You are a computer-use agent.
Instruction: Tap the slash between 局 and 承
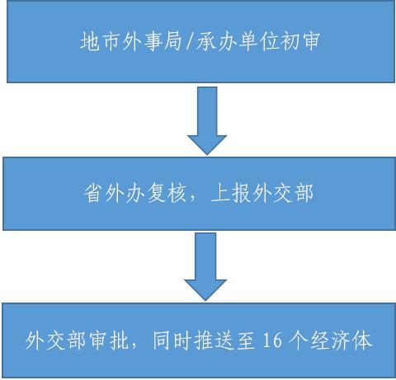coord(190,42)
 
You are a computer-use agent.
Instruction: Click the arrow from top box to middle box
coord(207,120)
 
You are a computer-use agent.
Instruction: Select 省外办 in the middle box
coord(114,193)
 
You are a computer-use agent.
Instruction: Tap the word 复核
coord(167,193)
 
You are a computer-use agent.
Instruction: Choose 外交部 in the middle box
coord(283,193)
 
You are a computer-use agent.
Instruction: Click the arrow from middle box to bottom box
coord(205,266)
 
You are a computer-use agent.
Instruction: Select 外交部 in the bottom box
coord(56,341)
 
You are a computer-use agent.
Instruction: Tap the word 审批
coord(109,341)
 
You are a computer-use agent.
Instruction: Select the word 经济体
coord(342,341)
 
